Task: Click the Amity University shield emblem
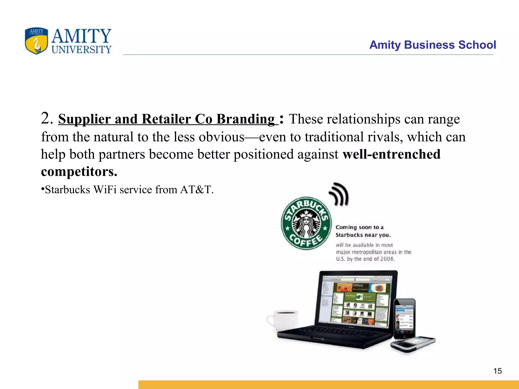(36, 41)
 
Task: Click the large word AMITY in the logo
(81, 36)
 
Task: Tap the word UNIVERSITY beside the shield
(81, 50)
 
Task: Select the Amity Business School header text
(432, 45)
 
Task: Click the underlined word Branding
(246, 119)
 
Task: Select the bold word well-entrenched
(391, 154)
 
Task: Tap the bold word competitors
(79, 171)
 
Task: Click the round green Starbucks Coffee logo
(306, 223)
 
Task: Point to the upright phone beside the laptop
(405, 319)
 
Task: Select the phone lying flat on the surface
(413, 344)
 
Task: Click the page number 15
(497, 371)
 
